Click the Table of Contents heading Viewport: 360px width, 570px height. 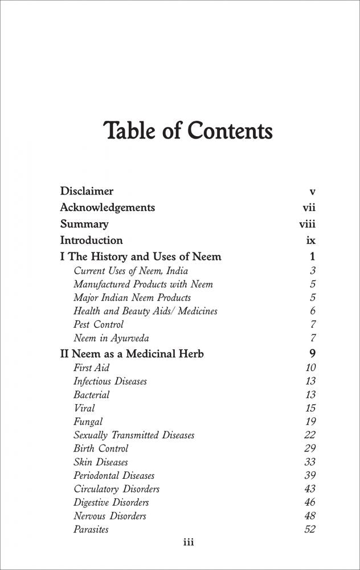tap(188, 131)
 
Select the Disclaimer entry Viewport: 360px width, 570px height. tap(87, 192)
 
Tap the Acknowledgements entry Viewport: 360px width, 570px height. tap(107, 207)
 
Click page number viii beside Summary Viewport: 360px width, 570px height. tap(307, 224)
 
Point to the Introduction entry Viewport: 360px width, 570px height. tap(91, 241)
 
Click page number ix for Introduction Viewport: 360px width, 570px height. tap(310, 241)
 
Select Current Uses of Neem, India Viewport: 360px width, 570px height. tap(130, 271)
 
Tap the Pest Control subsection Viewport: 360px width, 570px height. tap(99, 324)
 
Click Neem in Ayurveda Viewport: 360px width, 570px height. tap(111, 338)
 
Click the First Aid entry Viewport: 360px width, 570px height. tap(91, 368)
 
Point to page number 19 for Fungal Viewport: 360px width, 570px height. tap(310, 422)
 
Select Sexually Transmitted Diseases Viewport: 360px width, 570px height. tap(134, 435)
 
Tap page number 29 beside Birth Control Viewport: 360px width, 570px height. tap(310, 449)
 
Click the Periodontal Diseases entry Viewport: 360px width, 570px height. tap(114, 475)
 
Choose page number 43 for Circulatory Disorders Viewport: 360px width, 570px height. tap(310, 489)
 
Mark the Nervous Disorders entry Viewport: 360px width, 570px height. tap(109, 516)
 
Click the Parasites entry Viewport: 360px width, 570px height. tap(91, 530)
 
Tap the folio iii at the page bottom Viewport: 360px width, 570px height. tap(188, 543)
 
